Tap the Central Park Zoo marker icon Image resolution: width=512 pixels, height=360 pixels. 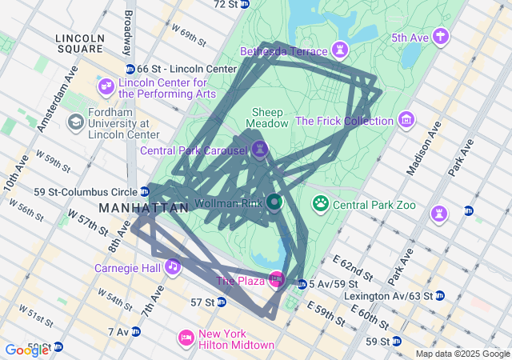tap(321, 203)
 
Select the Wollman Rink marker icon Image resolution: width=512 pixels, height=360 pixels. tap(274, 202)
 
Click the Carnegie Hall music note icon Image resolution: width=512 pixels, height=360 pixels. tap(172, 266)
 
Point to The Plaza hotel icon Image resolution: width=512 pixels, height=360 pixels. tap(276, 279)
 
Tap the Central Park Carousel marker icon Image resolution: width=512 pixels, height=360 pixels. tap(259, 150)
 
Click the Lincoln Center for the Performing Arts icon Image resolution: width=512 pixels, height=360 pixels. tap(106, 86)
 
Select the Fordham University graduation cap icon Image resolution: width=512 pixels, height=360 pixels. tap(76, 122)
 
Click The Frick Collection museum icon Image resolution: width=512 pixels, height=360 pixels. tap(406, 121)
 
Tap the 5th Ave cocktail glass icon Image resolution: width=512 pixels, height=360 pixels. tap(440, 37)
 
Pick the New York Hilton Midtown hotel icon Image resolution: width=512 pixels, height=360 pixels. tap(186, 338)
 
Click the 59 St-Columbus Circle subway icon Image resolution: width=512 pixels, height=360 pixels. tap(143, 191)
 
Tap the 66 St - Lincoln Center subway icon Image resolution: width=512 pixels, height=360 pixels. tap(130, 70)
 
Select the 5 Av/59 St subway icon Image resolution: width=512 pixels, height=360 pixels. tap(302, 284)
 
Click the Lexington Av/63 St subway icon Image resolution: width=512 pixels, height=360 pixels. tap(440, 296)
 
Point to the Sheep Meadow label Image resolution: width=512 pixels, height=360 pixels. tap(267, 118)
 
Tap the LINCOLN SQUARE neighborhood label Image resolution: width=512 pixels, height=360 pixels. tap(80, 44)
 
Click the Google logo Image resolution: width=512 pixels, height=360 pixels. tap(26, 350)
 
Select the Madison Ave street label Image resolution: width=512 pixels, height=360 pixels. tap(423, 150)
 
